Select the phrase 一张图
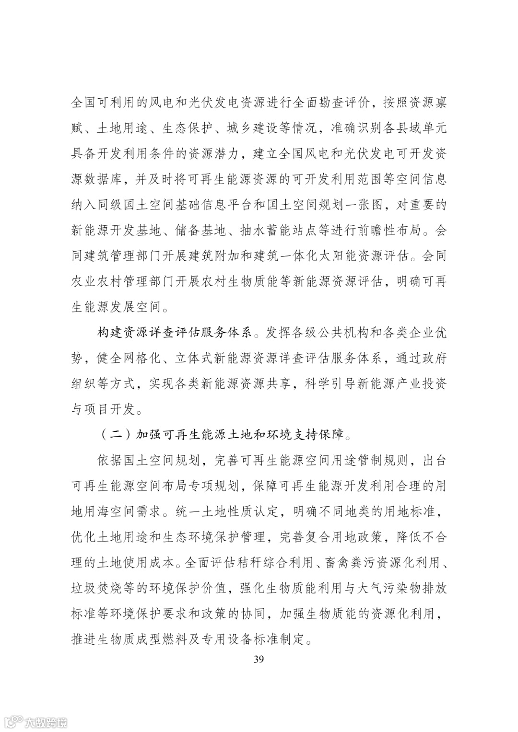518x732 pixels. coord(364,205)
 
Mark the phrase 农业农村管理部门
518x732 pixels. coord(122,281)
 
